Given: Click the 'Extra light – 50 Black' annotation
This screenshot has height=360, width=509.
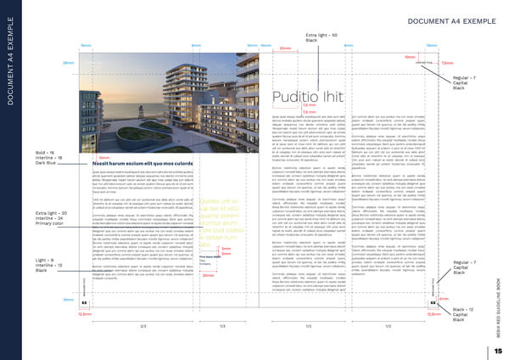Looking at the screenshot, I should [322, 37].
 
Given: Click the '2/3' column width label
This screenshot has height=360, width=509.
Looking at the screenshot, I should [143, 326].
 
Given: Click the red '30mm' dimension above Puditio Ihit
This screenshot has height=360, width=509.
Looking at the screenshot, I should [286, 49].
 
